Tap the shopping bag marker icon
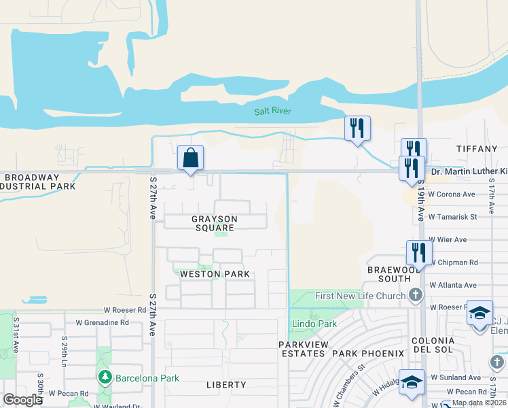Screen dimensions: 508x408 pos(192,158)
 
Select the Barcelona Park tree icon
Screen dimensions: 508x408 pos(105,377)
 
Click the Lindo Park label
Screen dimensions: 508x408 pos(314,324)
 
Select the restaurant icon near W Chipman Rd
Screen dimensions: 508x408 pos(418,252)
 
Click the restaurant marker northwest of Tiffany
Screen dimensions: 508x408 pos(357,128)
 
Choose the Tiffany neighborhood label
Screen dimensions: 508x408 pos(477,149)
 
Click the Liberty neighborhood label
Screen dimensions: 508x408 pos(226,385)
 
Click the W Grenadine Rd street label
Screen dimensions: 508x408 pos(102,322)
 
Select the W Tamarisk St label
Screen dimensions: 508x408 pos(453,217)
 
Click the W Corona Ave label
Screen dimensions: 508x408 pos(451,194)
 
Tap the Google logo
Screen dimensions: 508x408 pos(22,400)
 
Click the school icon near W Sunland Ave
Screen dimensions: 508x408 pos(412,381)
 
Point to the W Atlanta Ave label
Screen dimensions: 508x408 pos(452,285)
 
